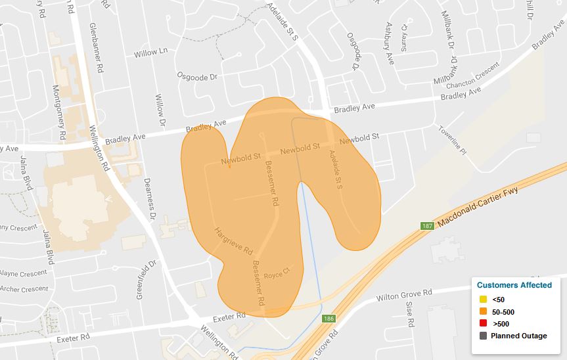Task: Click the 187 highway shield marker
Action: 427,226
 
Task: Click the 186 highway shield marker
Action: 328,319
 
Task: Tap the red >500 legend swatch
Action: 483,324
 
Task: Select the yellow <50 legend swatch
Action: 483,300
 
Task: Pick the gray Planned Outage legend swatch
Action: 483,336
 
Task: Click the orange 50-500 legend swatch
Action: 483,311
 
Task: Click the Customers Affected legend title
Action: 514,285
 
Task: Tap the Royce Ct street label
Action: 277,271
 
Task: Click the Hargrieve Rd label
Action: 234,242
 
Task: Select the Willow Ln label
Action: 150,52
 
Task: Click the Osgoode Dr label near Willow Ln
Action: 197,77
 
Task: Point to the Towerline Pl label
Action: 452,140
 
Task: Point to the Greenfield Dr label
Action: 143,280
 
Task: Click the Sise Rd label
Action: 410,314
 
